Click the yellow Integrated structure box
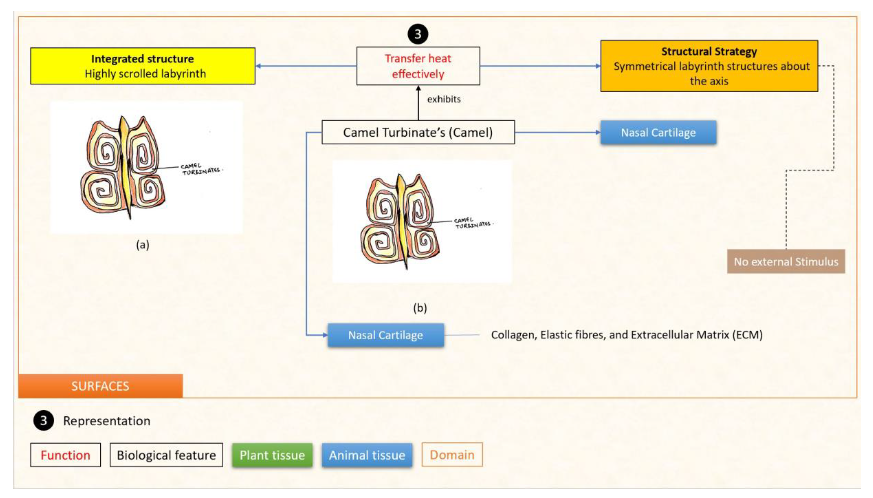click(143, 66)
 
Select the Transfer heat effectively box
click(418, 66)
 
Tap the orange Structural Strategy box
click(709, 66)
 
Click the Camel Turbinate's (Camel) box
click(418, 132)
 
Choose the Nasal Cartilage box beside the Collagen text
click(386, 335)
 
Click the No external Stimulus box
click(786, 262)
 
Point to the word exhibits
click(444, 99)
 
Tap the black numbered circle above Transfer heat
click(418, 34)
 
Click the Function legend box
click(65, 455)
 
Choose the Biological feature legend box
click(166, 455)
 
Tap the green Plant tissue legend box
click(272, 455)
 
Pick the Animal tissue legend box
click(367, 455)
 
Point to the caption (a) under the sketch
click(143, 245)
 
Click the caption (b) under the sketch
click(420, 308)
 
